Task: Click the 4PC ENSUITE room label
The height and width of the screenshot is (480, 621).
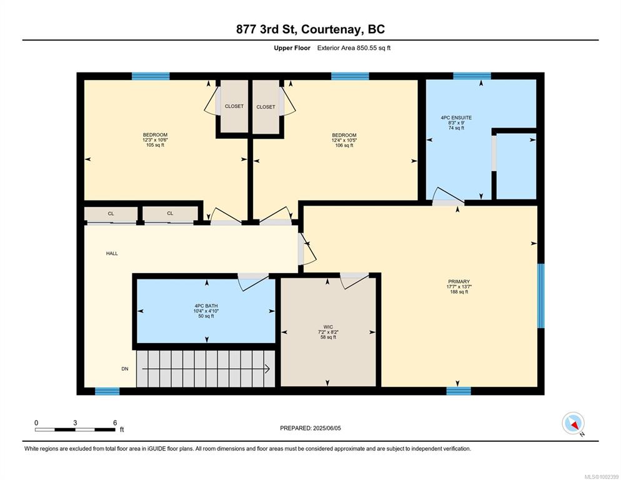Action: point(456,117)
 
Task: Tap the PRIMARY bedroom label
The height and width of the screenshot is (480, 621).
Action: point(459,282)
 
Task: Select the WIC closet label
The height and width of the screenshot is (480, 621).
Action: point(328,327)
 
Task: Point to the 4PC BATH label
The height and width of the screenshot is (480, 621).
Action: point(206,306)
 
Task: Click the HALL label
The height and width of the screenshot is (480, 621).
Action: point(112,253)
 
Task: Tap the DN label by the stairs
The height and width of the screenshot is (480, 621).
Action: point(125,369)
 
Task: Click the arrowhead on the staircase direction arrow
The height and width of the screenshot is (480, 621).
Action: point(267,369)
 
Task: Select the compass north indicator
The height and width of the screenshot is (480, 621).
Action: point(573,423)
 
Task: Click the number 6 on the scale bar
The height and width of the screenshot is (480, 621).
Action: point(115,423)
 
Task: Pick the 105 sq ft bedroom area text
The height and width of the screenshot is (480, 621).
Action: point(155,145)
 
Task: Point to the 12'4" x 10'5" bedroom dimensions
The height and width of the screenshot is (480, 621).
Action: point(344,141)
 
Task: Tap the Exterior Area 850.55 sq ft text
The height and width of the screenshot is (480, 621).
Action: point(354,48)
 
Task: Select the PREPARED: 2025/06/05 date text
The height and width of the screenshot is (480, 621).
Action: point(310,428)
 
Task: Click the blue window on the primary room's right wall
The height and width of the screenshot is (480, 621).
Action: point(540,296)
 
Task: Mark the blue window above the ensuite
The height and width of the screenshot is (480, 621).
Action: point(472,76)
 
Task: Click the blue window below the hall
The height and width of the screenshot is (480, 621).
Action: point(107,391)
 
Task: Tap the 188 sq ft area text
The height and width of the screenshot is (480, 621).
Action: point(459,292)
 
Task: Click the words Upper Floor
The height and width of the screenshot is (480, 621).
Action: point(292,48)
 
